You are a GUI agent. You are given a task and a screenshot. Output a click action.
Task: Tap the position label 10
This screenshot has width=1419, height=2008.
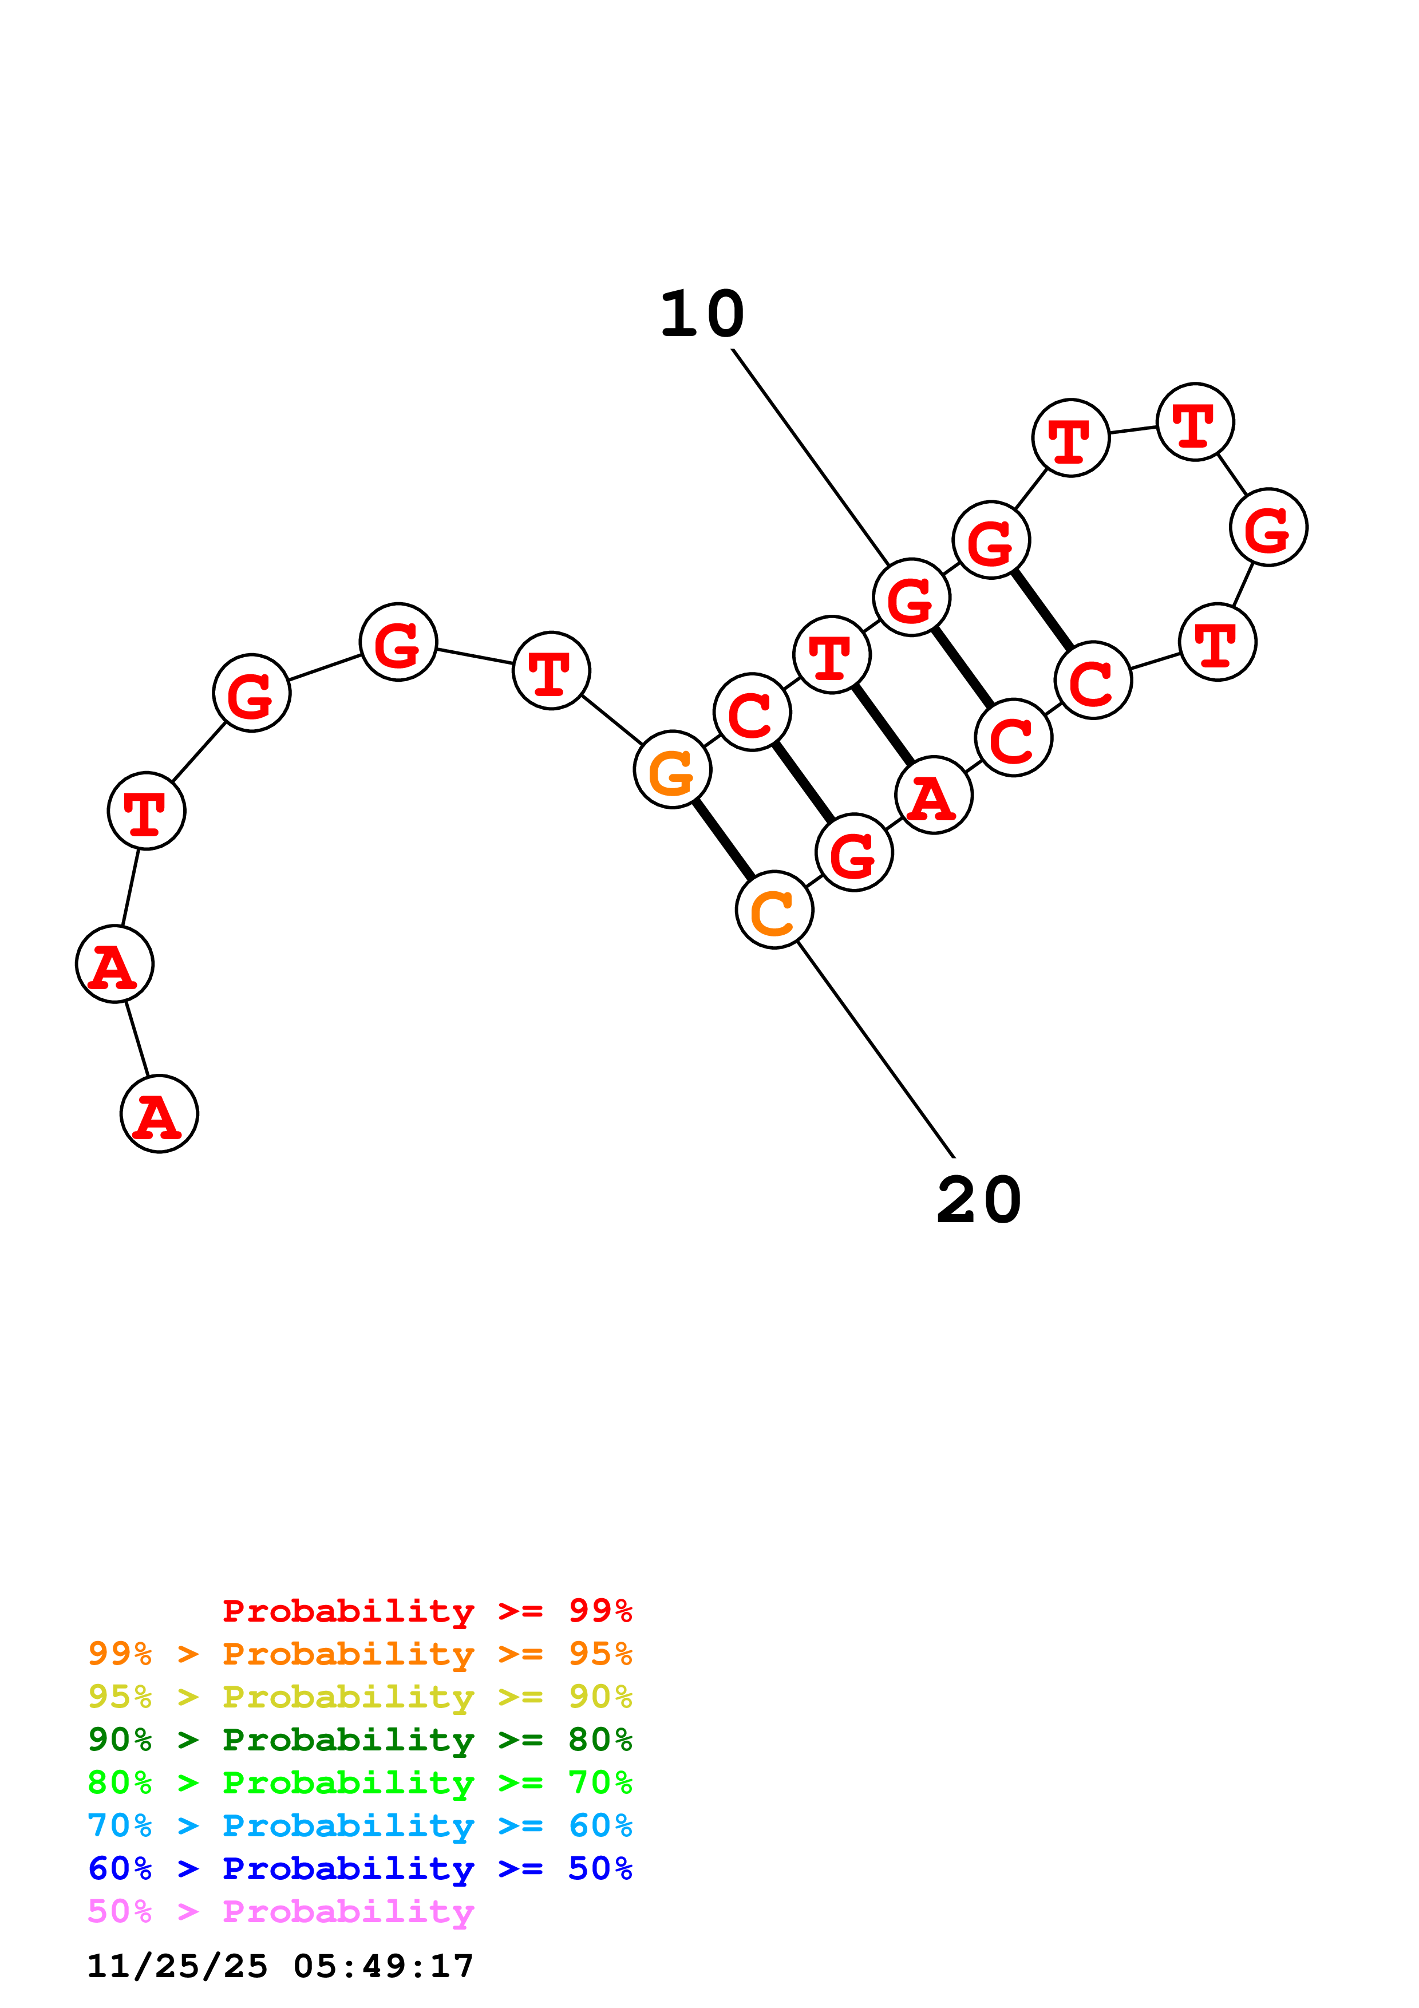pyautogui.click(x=702, y=314)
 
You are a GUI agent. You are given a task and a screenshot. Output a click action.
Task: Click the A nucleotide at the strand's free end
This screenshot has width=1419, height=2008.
pyautogui.click(x=159, y=1114)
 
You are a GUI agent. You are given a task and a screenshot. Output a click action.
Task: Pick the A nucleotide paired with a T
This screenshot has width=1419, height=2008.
pyautogui.click(x=934, y=795)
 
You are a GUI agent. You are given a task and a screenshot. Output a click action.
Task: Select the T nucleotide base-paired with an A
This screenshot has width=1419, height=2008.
pyautogui.click(x=832, y=654)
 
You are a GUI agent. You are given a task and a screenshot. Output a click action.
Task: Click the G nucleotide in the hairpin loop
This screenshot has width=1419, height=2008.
pyautogui.click(x=1268, y=527)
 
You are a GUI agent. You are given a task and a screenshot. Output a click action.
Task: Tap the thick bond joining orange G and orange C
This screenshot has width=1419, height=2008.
pyautogui.click(x=723, y=840)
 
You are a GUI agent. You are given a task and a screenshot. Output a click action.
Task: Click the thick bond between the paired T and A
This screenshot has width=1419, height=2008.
pyautogui.click(x=883, y=725)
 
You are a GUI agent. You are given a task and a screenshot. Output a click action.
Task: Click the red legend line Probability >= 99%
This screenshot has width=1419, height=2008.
pyautogui.click(x=426, y=1611)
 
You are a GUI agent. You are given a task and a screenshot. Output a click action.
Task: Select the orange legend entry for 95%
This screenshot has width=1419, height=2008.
pyautogui.click(x=359, y=1654)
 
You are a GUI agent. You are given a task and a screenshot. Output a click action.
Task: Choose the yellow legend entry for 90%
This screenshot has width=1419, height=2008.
pyautogui.click(x=359, y=1697)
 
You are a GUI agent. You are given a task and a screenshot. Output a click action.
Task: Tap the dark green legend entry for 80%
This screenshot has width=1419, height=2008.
pyautogui.click(x=359, y=1740)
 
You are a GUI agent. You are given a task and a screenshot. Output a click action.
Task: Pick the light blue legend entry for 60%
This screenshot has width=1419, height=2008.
pyautogui.click(x=359, y=1825)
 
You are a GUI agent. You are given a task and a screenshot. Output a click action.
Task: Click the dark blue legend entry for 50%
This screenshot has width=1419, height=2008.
pyautogui.click(x=359, y=1868)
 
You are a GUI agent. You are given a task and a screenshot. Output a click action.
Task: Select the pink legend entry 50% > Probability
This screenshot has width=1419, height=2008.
pyautogui.click(x=280, y=1911)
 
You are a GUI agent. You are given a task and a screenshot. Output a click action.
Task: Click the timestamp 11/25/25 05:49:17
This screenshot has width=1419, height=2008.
pyautogui.click(x=280, y=1966)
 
